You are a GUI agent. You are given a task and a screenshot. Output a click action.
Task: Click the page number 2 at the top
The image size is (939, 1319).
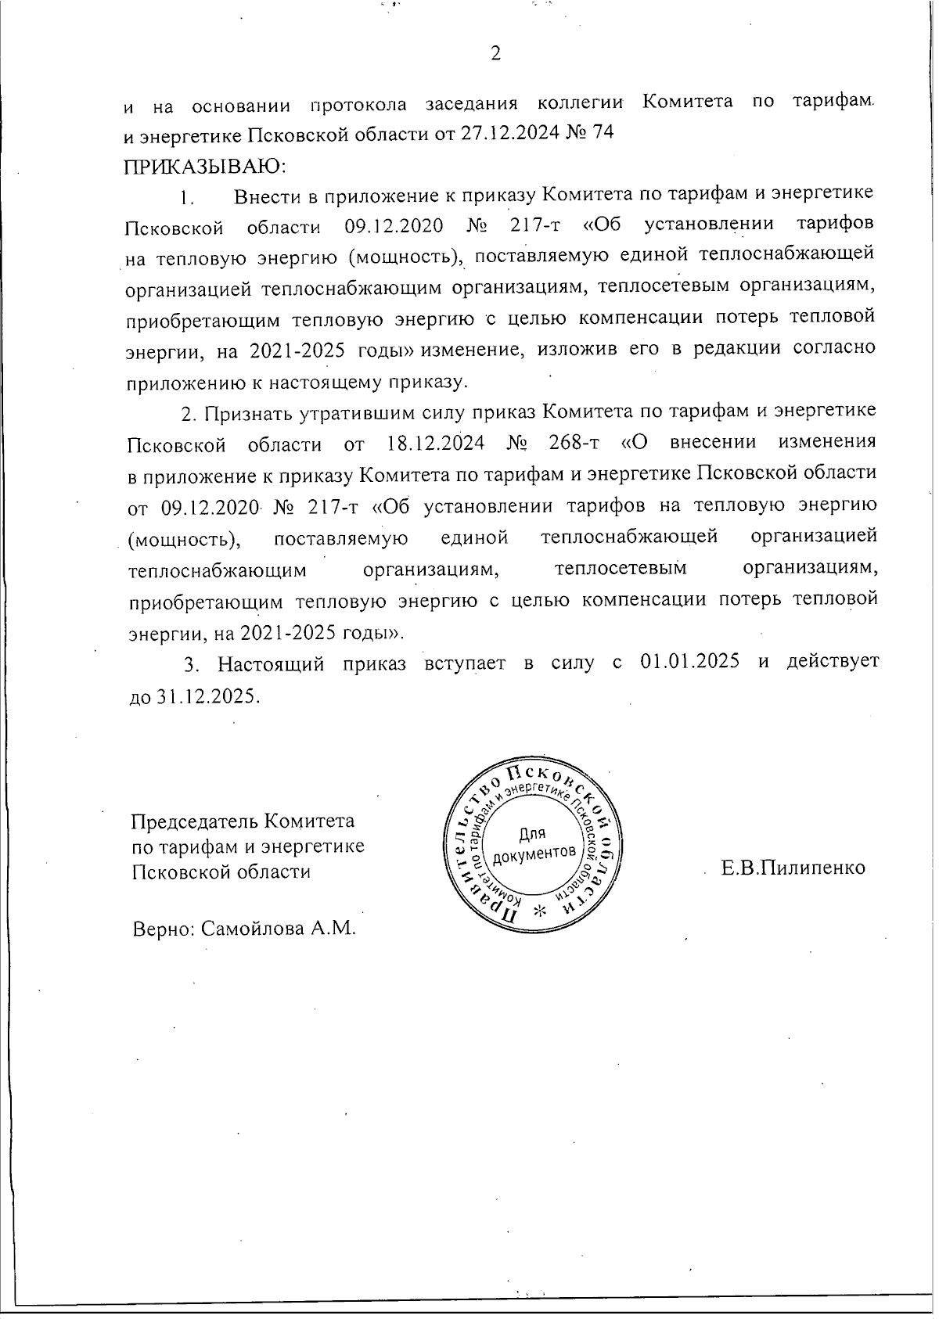[x=494, y=53]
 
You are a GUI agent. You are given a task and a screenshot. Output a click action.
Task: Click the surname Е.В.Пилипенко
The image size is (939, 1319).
[x=793, y=868]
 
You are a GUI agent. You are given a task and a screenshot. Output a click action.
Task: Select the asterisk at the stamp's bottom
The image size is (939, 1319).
[x=538, y=911]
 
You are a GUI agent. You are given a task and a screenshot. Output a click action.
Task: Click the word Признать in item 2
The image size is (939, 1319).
[x=249, y=412]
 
